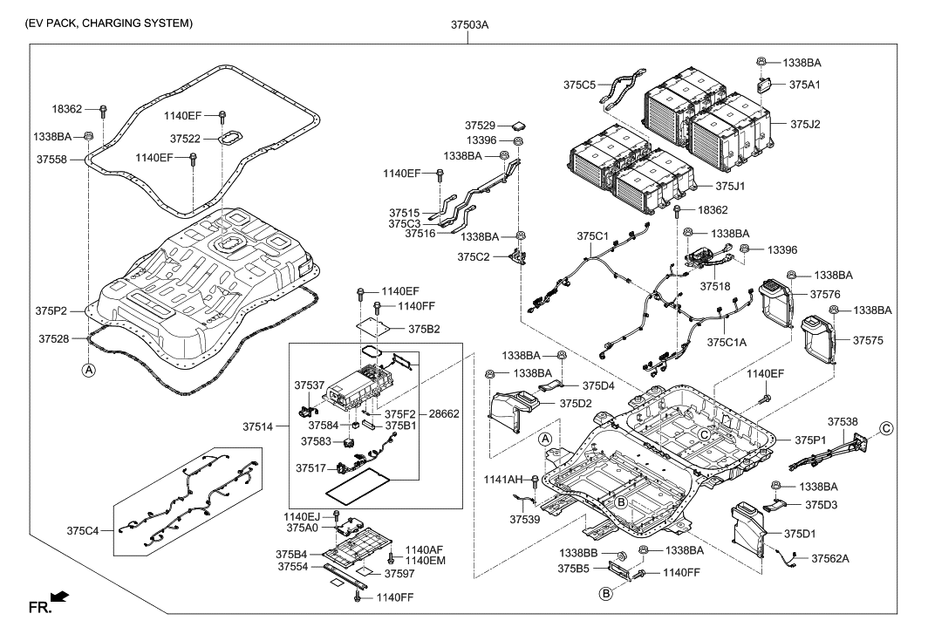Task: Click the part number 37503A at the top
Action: (x=471, y=24)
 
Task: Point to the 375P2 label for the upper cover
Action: (x=53, y=310)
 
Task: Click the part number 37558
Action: (x=53, y=160)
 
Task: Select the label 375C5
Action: (x=580, y=85)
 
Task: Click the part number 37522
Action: (x=186, y=139)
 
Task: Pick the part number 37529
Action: (x=480, y=126)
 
